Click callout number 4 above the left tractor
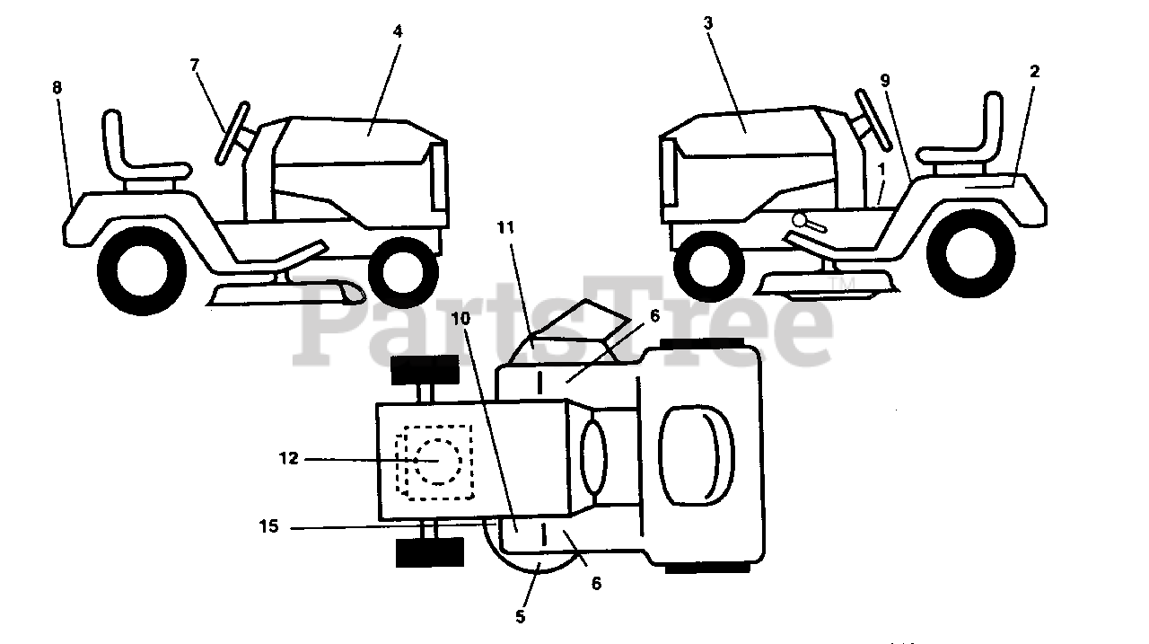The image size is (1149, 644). pos(398,31)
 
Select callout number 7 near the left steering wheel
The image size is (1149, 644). pos(194,64)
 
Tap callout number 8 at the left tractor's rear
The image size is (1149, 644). pos(57,88)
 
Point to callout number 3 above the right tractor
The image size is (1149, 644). pos(708,23)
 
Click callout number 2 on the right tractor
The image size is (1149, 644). pos(1034,72)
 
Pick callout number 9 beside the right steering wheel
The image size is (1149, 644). pos(885,81)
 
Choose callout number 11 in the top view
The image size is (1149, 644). pos(506,228)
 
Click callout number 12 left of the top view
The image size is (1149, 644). pos(288,458)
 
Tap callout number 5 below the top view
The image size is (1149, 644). pos(521,617)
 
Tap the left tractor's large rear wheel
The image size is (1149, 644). pos(140,264)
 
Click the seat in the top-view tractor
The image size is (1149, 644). pos(696,448)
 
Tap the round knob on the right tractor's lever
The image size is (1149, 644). pos(798,220)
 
